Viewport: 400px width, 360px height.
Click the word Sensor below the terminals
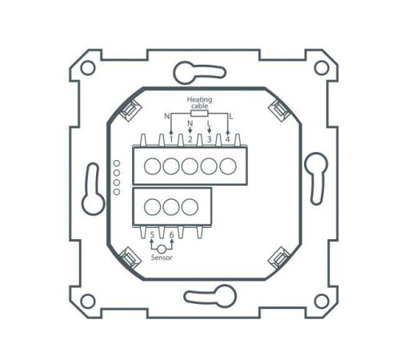tap(163, 259)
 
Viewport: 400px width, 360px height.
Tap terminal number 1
tap(171, 139)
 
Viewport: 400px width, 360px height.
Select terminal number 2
tap(190, 139)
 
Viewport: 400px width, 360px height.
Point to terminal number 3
tap(210, 139)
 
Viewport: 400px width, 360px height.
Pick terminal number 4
tap(228, 139)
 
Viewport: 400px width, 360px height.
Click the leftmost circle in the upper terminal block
tap(152, 167)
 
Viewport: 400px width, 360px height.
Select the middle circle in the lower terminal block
tap(170, 206)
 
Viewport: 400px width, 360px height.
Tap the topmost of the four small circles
tap(116, 163)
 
